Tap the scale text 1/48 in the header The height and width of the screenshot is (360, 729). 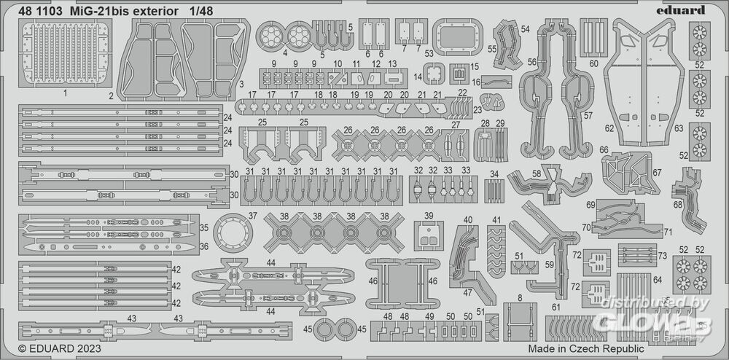click(200, 10)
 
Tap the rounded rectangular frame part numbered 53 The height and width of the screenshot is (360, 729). click(453, 35)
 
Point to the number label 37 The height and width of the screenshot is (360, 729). click(252, 216)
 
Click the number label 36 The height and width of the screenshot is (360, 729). click(204, 246)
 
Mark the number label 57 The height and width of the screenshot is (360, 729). click(588, 116)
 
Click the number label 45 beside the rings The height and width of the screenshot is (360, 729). click(308, 329)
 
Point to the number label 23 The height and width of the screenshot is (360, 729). click(477, 109)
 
